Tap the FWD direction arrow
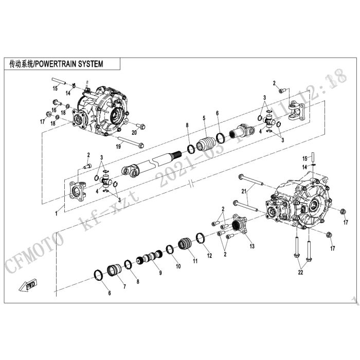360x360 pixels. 26,286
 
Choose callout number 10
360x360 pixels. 178,266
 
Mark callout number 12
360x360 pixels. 209,255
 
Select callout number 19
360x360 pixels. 119,147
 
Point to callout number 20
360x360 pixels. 134,132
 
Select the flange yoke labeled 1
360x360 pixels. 77,192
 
